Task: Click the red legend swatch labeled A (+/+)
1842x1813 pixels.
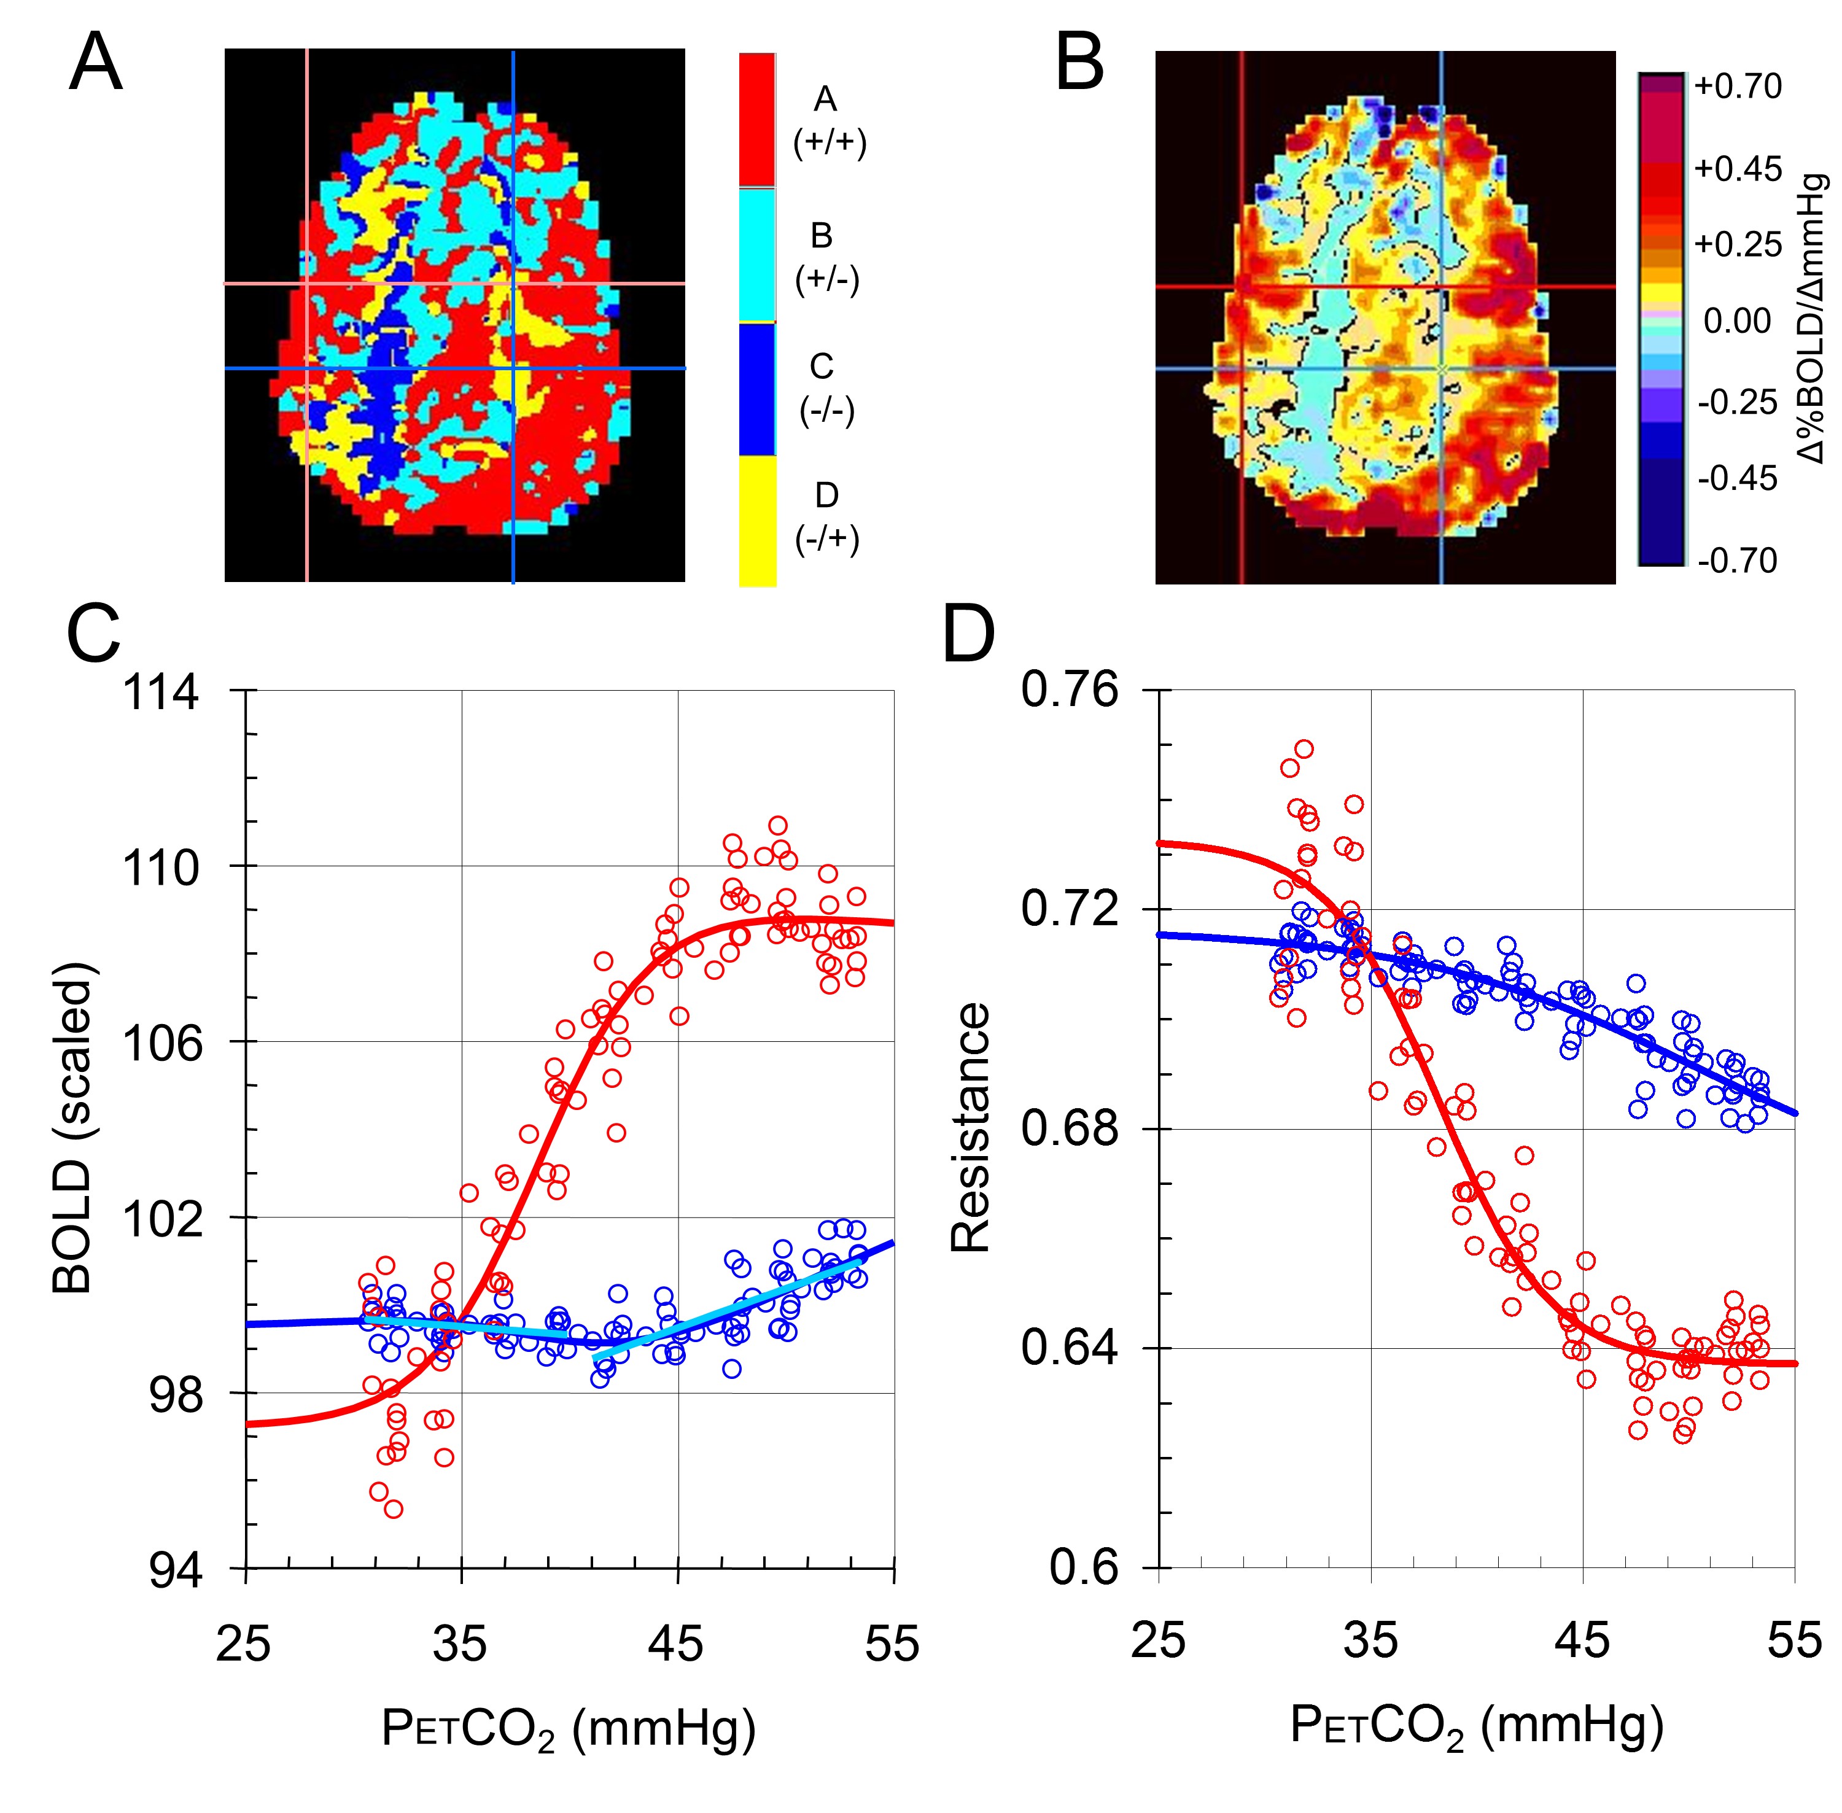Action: coord(757,119)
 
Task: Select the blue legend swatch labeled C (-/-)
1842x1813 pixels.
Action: coord(757,389)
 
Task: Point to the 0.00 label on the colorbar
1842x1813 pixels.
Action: coord(1737,321)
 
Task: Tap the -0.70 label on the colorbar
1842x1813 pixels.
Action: coord(1737,560)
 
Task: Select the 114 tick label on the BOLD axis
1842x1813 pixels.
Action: coord(161,693)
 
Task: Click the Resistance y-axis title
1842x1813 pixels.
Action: coord(971,1128)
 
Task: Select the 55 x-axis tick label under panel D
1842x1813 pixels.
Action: coord(1794,1640)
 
